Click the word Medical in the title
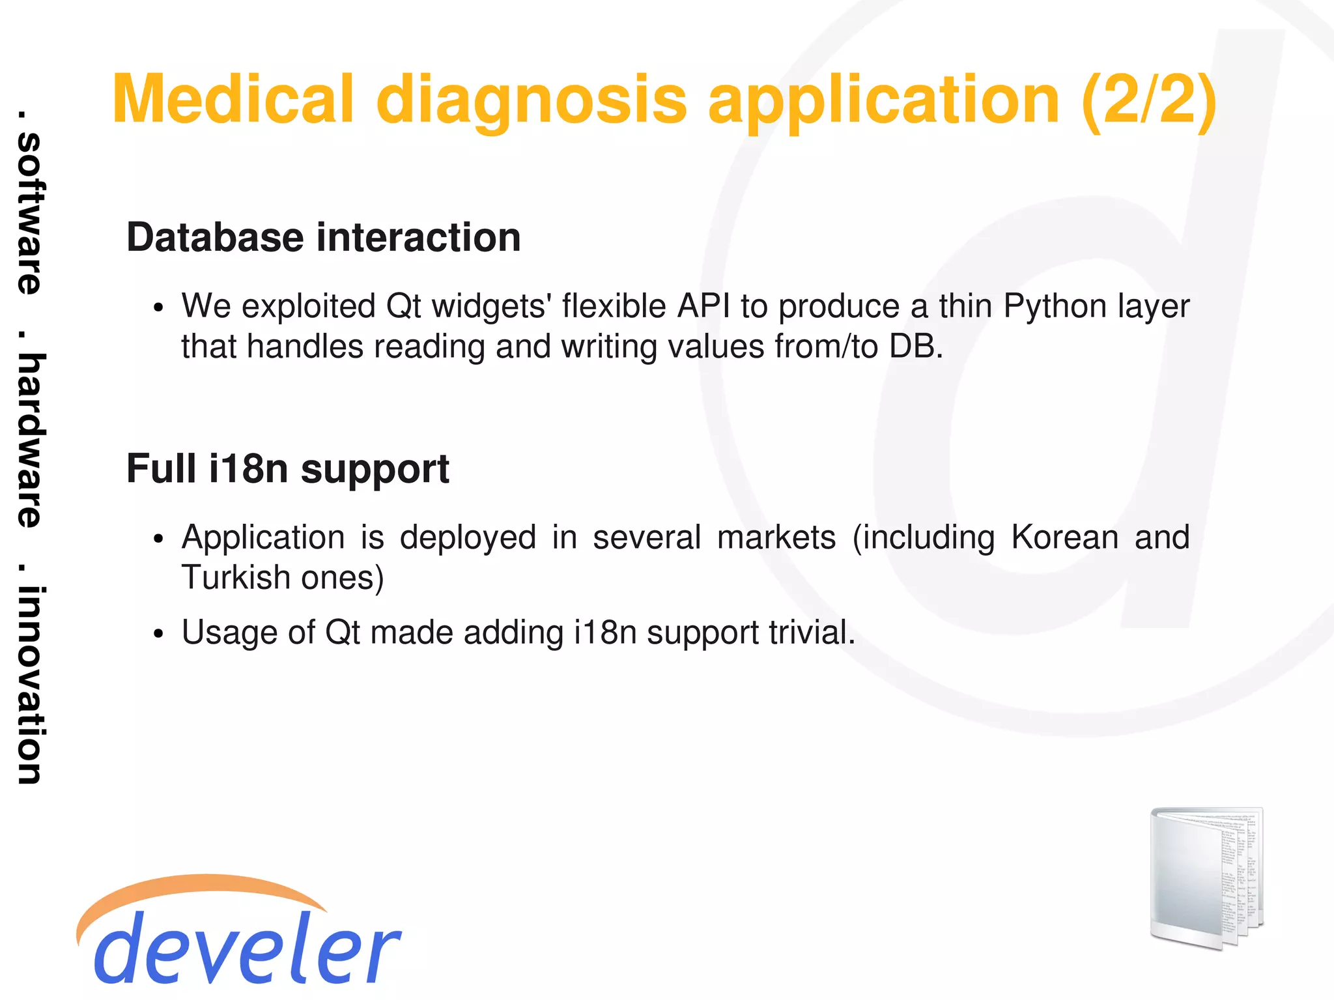tap(233, 99)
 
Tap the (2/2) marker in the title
tap(1148, 99)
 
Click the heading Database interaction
tap(324, 237)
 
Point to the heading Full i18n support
tap(288, 469)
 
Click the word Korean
tap(1064, 537)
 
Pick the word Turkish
tap(235, 577)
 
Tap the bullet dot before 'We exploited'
tap(158, 308)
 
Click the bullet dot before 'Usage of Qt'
tap(158, 634)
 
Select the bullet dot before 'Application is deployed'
tap(158, 539)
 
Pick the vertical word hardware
tap(29, 440)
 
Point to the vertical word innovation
tap(29, 684)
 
